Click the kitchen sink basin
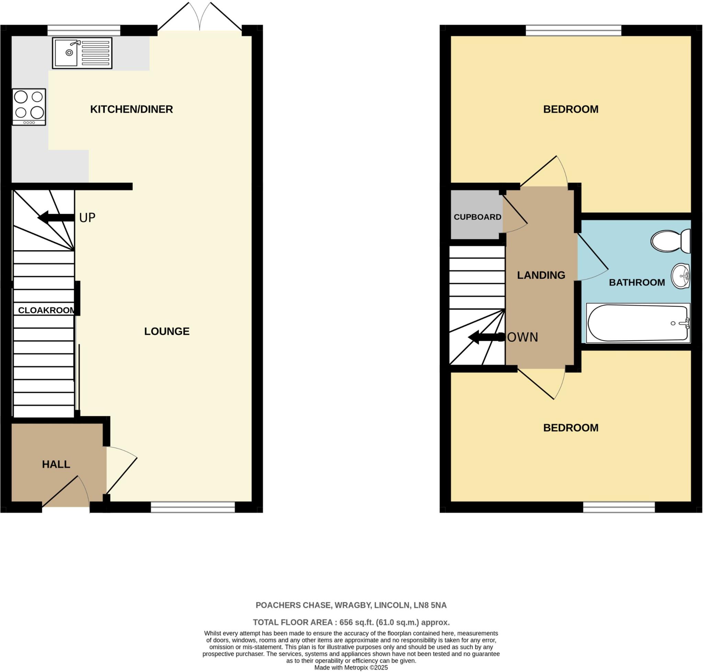pyautogui.click(x=66, y=53)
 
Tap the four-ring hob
pyautogui.click(x=29, y=107)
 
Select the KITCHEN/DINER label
pyautogui.click(x=132, y=109)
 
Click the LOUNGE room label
pyautogui.click(x=167, y=331)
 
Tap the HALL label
pyautogui.click(x=56, y=465)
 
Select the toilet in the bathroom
pyautogui.click(x=670, y=241)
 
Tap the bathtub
pyautogui.click(x=638, y=323)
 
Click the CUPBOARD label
pyautogui.click(x=477, y=217)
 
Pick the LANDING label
pyautogui.click(x=541, y=275)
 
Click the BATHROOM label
pyautogui.click(x=637, y=283)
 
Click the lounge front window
pyautogui.click(x=193, y=507)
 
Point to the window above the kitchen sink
pyautogui.click(x=84, y=30)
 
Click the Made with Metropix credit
pyautogui.click(x=351, y=668)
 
